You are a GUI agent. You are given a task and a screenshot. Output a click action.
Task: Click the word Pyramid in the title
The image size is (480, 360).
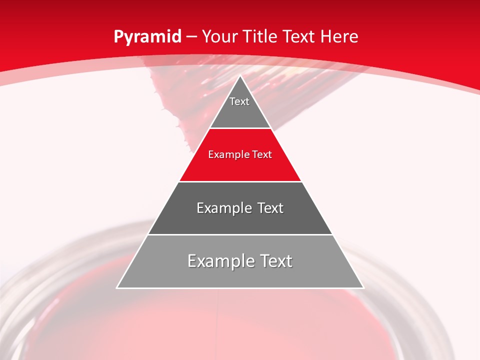[x=147, y=37]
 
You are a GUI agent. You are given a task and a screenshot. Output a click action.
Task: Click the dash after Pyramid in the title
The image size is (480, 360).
[x=191, y=37]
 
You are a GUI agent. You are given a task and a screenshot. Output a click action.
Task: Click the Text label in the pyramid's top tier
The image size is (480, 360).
[x=239, y=101]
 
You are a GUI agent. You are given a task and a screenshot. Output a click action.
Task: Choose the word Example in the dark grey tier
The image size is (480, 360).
[x=221, y=208]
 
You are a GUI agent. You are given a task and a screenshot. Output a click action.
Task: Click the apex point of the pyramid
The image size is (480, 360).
[x=240, y=76]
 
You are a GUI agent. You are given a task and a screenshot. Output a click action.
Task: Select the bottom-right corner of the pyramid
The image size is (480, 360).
[x=363, y=287]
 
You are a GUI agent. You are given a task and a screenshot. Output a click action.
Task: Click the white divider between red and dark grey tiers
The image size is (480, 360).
[x=240, y=181]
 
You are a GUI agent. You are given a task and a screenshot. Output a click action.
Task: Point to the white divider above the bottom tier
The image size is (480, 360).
[x=240, y=234]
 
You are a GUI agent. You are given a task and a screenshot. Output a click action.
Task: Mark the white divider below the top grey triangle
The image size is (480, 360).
[x=240, y=128]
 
